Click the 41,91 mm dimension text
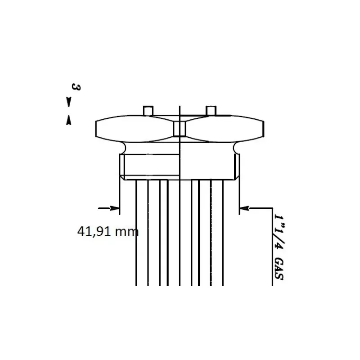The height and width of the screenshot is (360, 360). pos(108,231)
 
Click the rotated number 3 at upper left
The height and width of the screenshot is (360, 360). pos(76,87)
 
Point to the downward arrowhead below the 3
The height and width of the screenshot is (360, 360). pos(68,102)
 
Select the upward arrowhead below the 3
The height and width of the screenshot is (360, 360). pos(68,120)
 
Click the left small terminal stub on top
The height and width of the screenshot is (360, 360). pos(148,111)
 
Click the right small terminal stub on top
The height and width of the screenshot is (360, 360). pos(211,111)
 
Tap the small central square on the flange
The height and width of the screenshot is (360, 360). pos(180,129)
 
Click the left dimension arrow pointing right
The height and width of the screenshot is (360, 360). pos(109,208)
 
